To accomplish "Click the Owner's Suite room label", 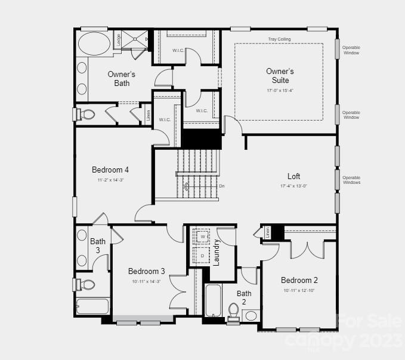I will click(280, 76).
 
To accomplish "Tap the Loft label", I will click(293, 176).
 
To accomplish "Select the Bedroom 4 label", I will click(110, 170).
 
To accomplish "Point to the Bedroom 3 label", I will click(146, 271).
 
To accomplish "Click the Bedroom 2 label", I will click(299, 280).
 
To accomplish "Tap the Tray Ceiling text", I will click(279, 39).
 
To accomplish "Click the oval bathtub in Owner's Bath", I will click(94, 44).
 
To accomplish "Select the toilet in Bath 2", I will click(234, 311).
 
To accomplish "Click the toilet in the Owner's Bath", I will click(87, 113).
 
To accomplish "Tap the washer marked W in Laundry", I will click(202, 237).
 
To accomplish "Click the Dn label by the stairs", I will click(222, 186).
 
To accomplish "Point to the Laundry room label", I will click(217, 252).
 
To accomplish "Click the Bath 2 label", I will click(244, 297).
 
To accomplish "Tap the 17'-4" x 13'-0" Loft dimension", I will click(293, 186).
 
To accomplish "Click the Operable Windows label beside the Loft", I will click(351, 180).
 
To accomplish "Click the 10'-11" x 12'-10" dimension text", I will click(299, 291).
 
